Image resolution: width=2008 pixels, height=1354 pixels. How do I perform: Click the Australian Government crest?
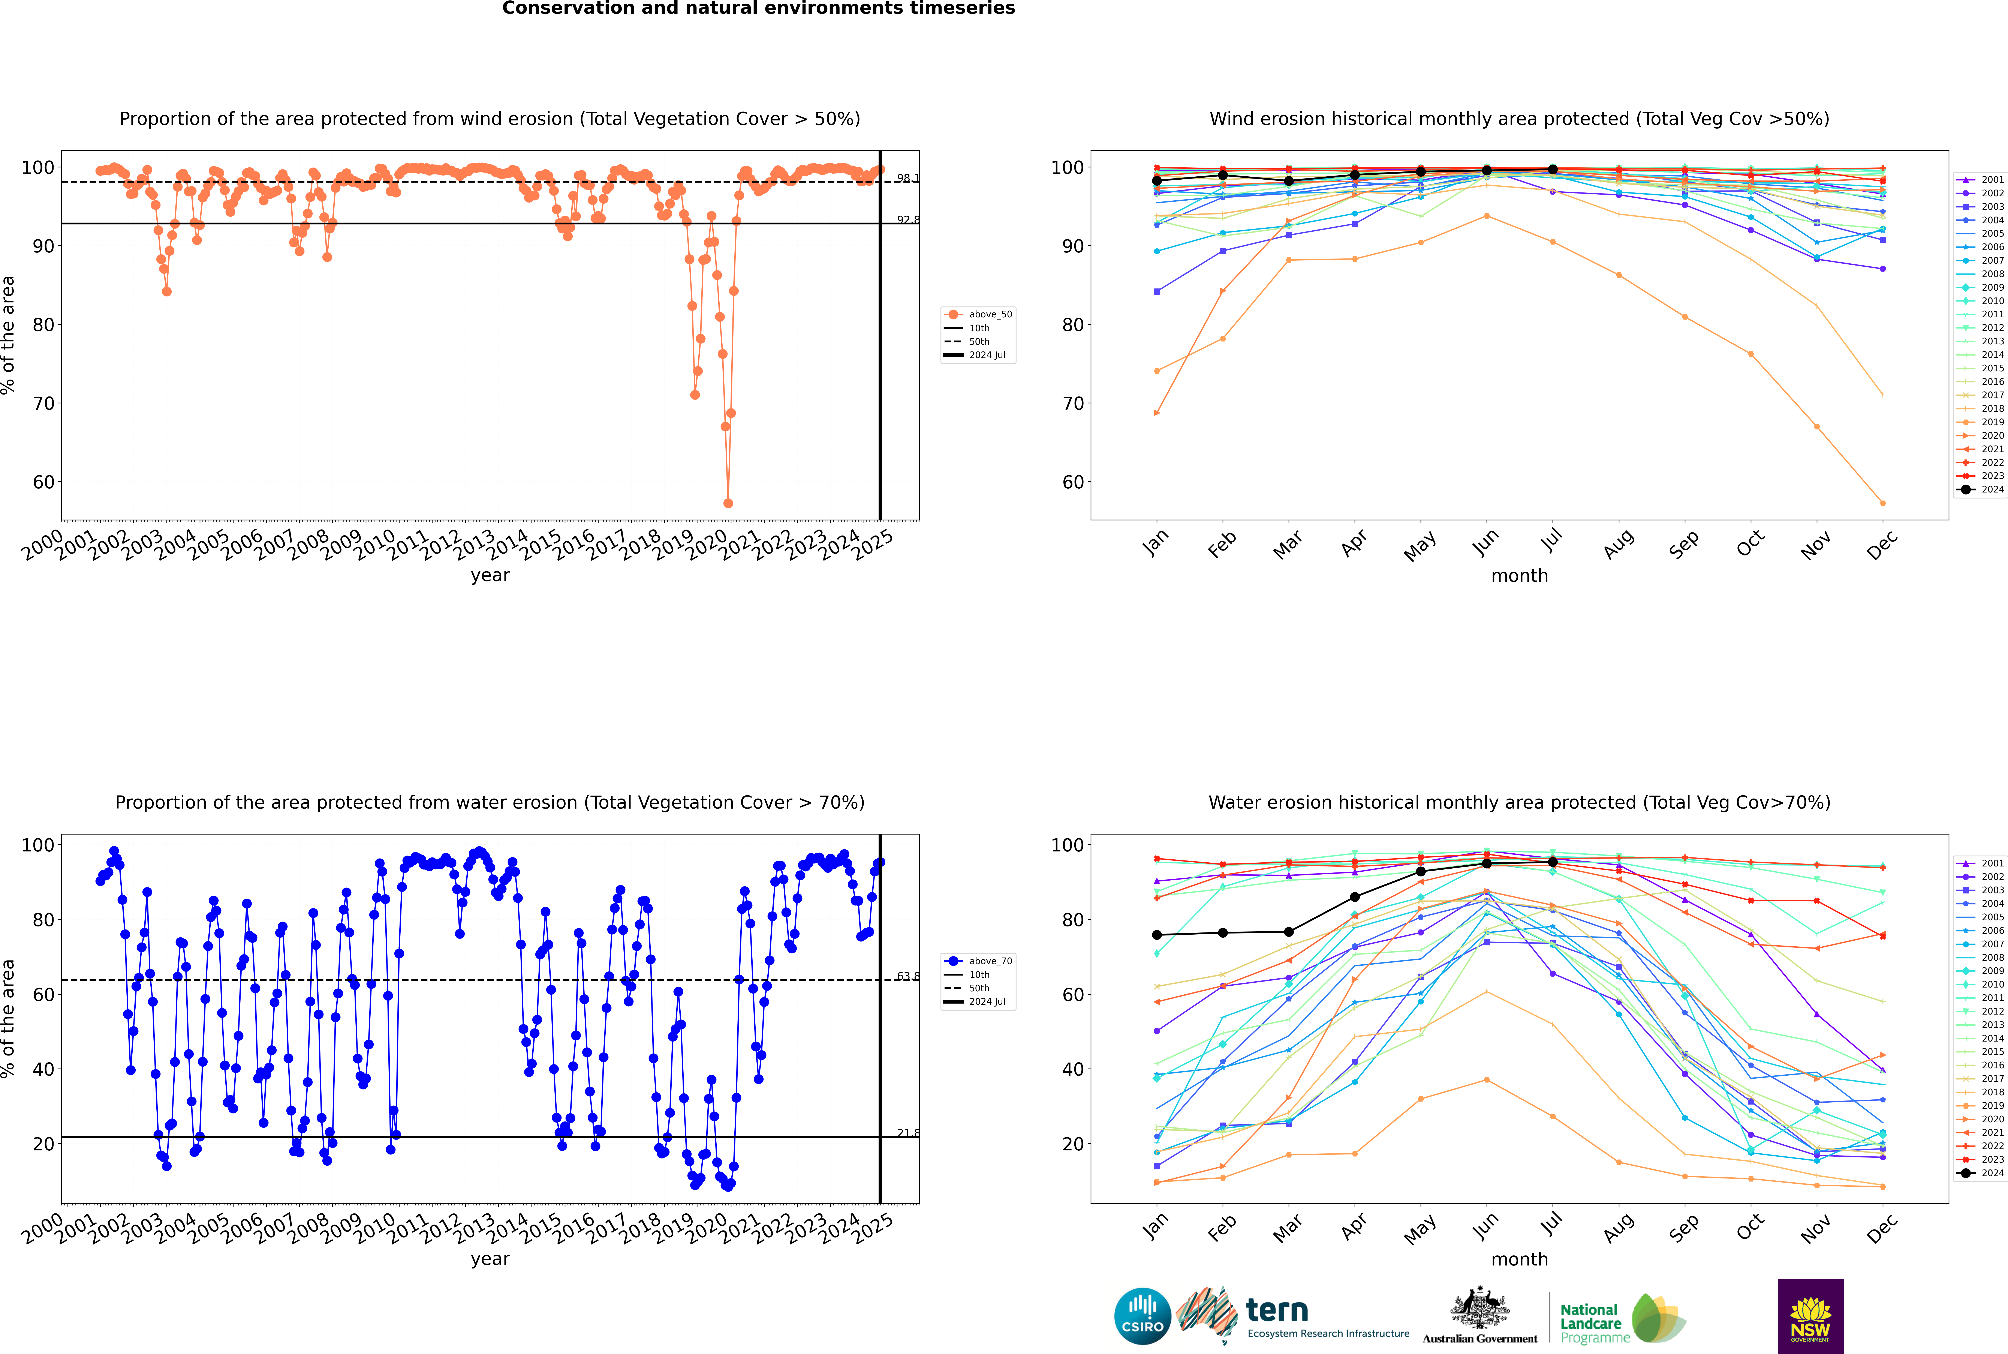[1480, 1308]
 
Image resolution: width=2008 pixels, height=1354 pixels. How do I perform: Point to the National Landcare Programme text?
[1590, 1323]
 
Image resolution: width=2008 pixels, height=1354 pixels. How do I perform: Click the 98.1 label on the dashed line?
[907, 179]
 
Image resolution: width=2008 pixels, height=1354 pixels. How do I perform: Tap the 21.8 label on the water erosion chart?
[907, 1133]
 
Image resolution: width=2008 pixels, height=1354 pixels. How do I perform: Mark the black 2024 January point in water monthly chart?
[1157, 935]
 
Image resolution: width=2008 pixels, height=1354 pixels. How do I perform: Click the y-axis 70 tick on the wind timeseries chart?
[43, 403]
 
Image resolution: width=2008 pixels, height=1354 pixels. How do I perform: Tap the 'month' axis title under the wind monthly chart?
[1519, 576]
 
